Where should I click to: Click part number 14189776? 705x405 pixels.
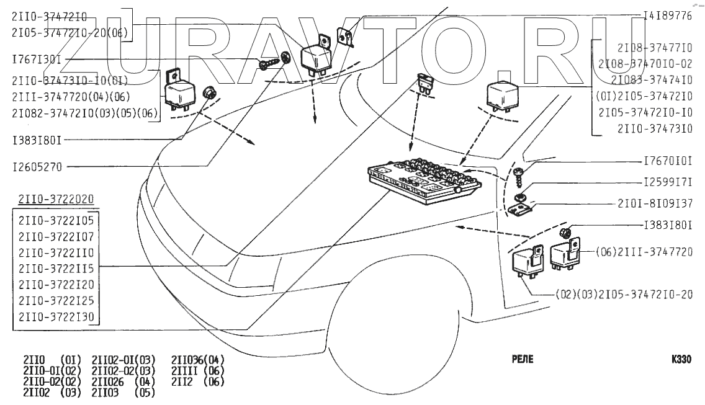point(667,16)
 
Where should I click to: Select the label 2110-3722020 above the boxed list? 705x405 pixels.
point(56,199)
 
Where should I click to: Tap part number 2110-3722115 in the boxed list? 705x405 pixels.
point(56,269)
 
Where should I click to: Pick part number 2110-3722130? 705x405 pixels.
point(56,317)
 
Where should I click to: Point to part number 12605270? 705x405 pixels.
point(37,167)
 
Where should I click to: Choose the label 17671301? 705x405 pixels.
point(37,60)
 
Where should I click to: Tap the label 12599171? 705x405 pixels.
point(667,184)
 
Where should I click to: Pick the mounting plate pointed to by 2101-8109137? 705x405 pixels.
point(521,209)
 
